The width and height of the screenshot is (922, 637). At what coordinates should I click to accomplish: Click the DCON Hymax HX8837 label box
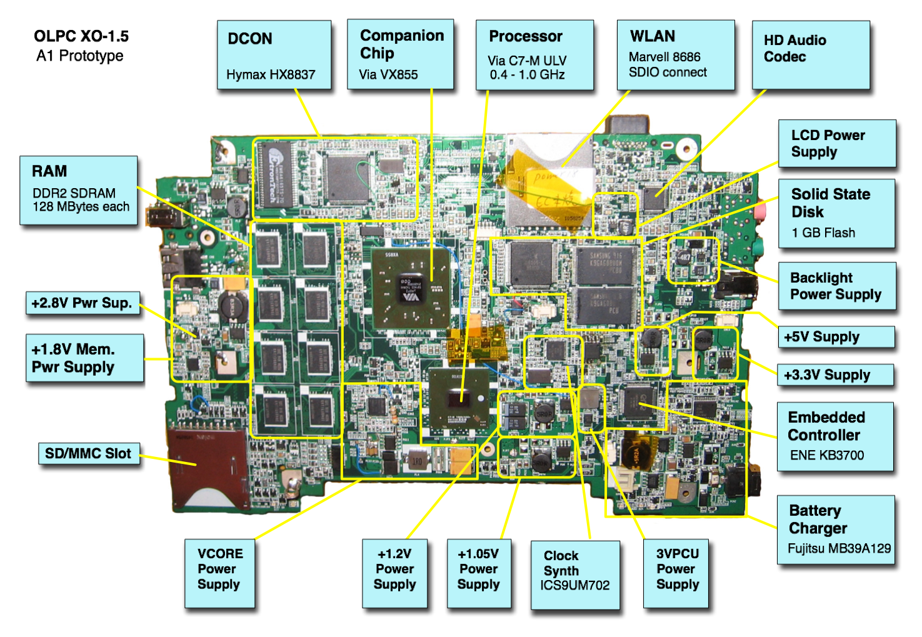[274, 55]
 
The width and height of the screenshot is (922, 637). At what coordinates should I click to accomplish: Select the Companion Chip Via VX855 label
[400, 54]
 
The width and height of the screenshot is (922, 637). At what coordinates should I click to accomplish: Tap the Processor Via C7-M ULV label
[534, 55]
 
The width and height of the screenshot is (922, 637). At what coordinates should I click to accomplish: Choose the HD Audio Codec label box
[810, 55]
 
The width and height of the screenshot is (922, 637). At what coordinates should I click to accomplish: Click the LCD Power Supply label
[836, 144]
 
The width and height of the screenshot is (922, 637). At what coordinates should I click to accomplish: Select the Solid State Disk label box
[836, 213]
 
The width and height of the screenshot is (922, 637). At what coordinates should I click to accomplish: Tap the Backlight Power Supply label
[836, 286]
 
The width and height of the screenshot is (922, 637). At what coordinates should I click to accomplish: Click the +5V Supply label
[836, 338]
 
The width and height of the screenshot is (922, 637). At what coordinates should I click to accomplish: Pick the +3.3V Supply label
[834, 375]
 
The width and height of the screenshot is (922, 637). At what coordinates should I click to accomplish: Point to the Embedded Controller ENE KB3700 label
[834, 436]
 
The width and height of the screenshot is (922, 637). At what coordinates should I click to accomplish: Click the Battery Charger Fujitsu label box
[836, 529]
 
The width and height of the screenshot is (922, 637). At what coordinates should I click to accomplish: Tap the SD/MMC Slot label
[89, 454]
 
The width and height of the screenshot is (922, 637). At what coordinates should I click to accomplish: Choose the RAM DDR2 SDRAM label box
[79, 191]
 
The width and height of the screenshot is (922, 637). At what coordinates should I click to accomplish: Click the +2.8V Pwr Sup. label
[83, 304]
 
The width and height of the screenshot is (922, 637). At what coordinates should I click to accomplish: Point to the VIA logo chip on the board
[410, 288]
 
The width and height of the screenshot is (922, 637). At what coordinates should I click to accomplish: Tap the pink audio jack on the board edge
[759, 211]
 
